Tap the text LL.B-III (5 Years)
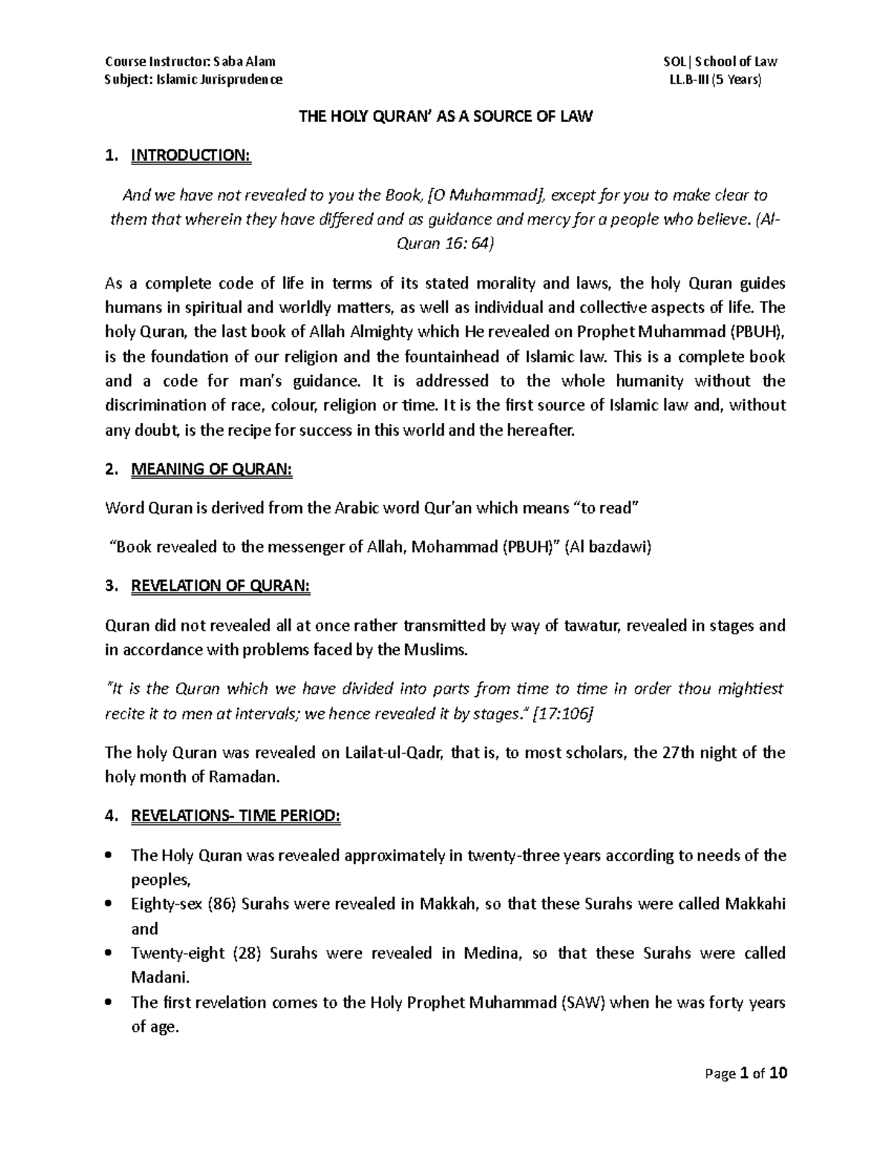pyautogui.click(x=716, y=80)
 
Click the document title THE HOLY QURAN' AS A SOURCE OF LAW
pyautogui.click(x=445, y=117)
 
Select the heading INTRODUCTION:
pyautogui.click(x=191, y=155)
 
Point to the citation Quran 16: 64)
pyautogui.click(x=445, y=244)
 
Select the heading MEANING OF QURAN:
pyautogui.click(x=212, y=469)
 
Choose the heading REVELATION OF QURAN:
pyautogui.click(x=221, y=586)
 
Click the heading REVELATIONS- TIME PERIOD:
pyautogui.click(x=236, y=816)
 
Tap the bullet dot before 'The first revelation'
pyautogui.click(x=110, y=1003)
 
